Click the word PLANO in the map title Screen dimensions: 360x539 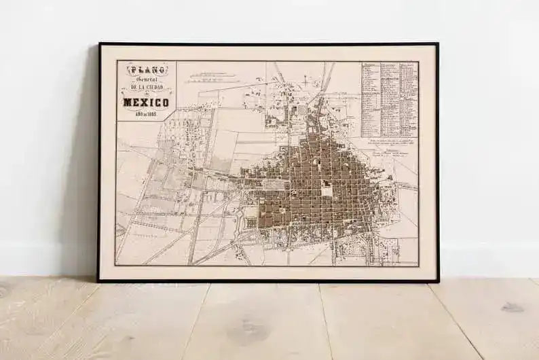[x=145, y=69]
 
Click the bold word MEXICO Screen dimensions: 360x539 [x=145, y=102]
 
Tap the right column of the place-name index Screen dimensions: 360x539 [x=408, y=98]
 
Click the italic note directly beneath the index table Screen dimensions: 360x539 [x=389, y=143]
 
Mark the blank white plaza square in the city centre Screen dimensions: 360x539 [x=327, y=191]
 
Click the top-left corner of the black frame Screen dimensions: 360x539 [x=99, y=43]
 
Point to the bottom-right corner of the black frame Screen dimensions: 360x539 [x=438, y=281]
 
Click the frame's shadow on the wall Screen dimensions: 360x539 [x=85, y=170]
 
